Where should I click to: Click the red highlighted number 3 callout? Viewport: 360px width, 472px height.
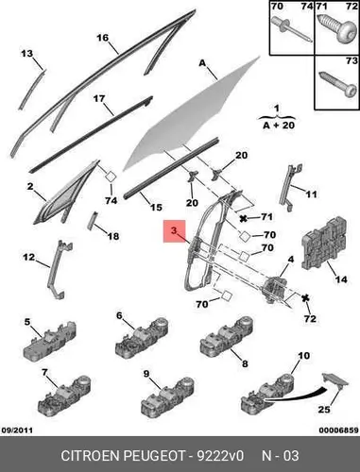click(174, 231)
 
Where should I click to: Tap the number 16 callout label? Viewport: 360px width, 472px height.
click(102, 38)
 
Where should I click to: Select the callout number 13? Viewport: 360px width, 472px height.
click(26, 54)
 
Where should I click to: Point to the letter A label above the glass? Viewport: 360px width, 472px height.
click(202, 63)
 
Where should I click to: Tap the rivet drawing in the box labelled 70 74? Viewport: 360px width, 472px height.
click(291, 29)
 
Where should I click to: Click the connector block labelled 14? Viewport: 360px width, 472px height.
click(325, 244)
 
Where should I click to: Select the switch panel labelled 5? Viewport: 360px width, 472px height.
click(50, 343)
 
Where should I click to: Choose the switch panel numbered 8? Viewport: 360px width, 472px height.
click(227, 337)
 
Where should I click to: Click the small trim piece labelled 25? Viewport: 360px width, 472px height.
click(335, 381)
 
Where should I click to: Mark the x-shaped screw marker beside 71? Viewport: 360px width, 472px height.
click(243, 219)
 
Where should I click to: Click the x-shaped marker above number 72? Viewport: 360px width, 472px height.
click(305, 297)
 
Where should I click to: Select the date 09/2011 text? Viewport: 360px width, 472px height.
click(17, 430)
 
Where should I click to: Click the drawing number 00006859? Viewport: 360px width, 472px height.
click(339, 430)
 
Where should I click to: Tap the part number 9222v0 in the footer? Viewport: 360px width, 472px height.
click(220, 456)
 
